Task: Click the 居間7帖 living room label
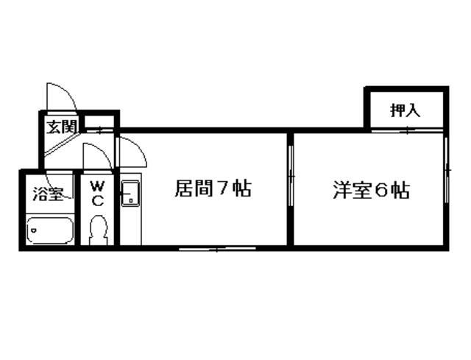[x=213, y=189]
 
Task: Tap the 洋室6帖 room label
[x=369, y=190]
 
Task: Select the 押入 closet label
[x=405, y=110]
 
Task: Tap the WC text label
[x=98, y=193]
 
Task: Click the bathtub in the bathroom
[x=49, y=231]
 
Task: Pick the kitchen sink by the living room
[x=130, y=194]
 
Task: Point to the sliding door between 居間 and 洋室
[x=291, y=177]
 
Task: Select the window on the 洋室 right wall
[x=446, y=171]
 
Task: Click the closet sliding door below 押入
[x=406, y=130]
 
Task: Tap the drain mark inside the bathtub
[x=33, y=232]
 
